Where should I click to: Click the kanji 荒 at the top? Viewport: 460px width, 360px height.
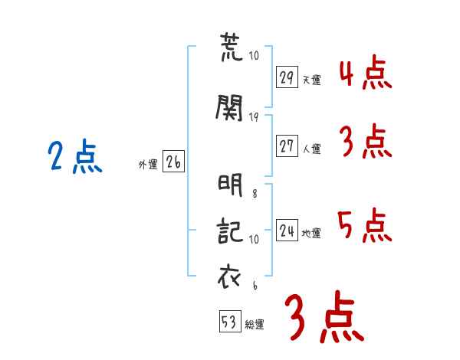point(232,47)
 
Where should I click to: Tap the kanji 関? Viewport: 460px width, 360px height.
point(229,107)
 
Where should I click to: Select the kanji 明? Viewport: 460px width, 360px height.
point(230,185)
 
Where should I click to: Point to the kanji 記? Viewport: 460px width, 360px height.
point(230,231)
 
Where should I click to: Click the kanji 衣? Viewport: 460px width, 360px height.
point(229,276)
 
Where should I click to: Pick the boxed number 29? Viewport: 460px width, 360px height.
point(287,77)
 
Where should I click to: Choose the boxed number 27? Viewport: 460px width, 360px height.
point(287,146)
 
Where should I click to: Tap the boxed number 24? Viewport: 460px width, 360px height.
point(287,230)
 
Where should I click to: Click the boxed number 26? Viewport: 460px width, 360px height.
point(173,161)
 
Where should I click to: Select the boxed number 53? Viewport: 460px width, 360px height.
point(230,321)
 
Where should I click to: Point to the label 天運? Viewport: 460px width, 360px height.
point(311,80)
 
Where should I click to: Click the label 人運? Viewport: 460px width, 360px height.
point(311,149)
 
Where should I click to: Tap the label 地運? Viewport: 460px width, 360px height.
point(311,233)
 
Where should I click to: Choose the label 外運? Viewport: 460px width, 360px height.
point(148,165)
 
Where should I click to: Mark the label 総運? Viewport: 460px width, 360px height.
point(255,324)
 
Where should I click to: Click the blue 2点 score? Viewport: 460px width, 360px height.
point(75,156)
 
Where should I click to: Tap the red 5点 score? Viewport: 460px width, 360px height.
point(365,225)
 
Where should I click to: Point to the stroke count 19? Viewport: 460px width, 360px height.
point(254,117)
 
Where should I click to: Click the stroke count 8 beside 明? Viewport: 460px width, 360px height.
point(255,193)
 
